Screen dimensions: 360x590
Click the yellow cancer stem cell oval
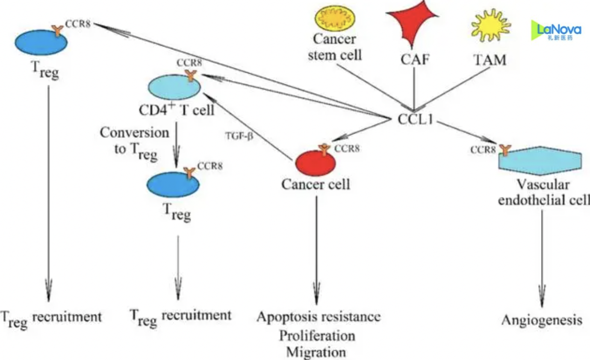click(335, 20)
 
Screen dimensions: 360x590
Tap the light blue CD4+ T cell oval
click(174, 88)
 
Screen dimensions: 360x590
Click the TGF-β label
click(239, 137)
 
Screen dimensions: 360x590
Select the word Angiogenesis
click(542, 321)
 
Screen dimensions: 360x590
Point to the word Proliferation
click(317, 335)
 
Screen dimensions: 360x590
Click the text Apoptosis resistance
click(318, 317)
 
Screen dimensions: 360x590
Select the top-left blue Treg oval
click(41, 43)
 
